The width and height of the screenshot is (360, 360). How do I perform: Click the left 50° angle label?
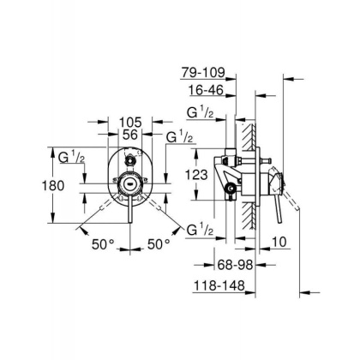103,243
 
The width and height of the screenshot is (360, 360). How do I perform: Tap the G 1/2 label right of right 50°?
200,229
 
